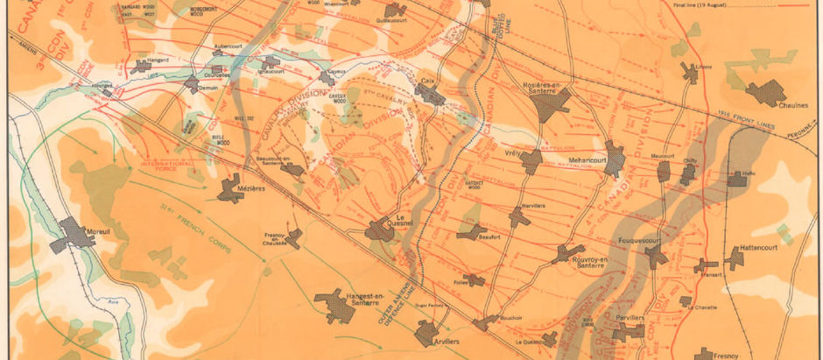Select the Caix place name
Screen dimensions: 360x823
point(428,81)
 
